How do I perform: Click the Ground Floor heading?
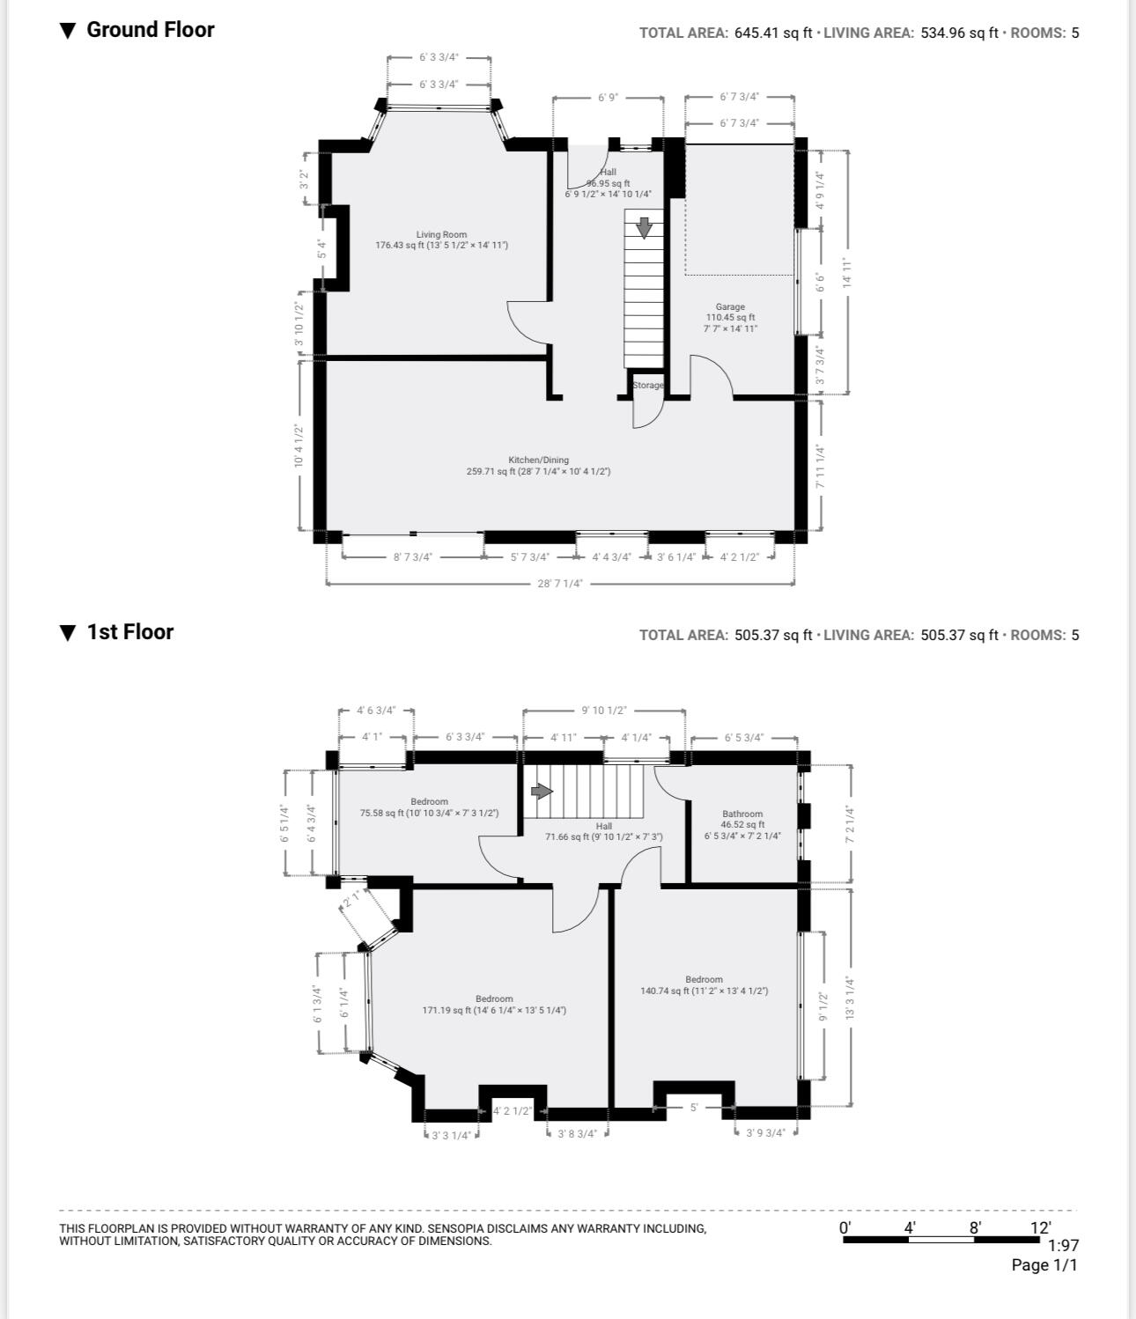tap(150, 30)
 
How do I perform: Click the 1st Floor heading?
tap(129, 632)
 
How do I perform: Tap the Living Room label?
tap(441, 235)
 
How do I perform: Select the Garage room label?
tap(730, 307)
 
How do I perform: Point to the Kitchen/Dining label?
tap(538, 461)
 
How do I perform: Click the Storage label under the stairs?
tap(648, 386)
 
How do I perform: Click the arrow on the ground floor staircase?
tap(645, 227)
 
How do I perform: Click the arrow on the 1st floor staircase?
tap(542, 792)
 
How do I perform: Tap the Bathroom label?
tap(742, 814)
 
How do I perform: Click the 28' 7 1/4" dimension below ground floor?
tap(560, 584)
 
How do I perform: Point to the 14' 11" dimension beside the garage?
tap(847, 273)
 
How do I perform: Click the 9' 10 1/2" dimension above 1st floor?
tap(603, 711)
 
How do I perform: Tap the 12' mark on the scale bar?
tap(1041, 1227)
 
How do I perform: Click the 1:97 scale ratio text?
tap(1063, 1246)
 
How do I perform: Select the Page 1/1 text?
tap(1044, 1265)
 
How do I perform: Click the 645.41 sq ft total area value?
tap(773, 33)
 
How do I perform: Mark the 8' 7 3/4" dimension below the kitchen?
tap(413, 557)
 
